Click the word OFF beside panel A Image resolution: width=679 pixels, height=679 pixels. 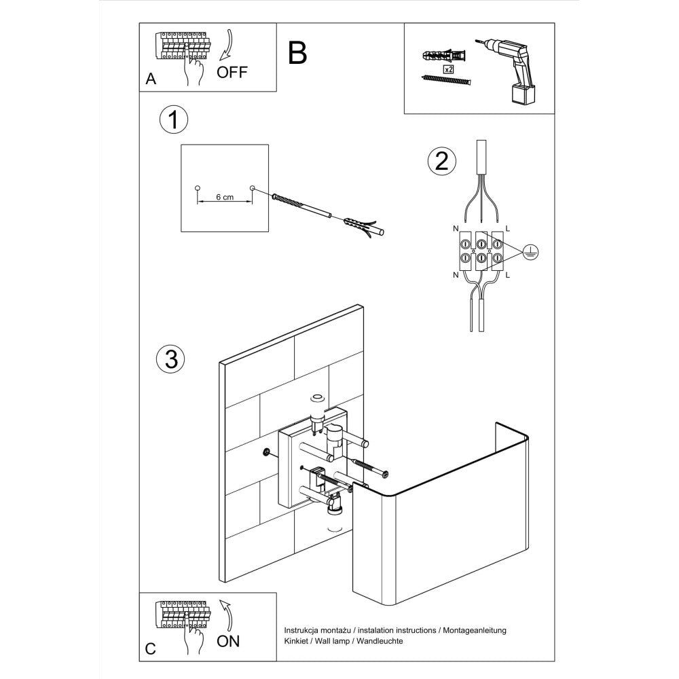tap(232, 72)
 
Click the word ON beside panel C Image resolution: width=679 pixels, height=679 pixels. tap(228, 640)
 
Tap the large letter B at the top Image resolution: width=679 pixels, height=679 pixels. tap(297, 52)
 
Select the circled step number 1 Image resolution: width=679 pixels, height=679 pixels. tap(173, 120)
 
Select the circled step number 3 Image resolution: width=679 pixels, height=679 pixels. tap(170, 359)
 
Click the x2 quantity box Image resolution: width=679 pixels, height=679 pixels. tap(448, 69)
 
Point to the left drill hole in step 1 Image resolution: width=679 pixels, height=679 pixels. tap(197, 187)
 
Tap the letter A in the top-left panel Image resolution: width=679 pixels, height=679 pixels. tap(151, 79)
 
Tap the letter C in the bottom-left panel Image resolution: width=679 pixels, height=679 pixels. tap(151, 649)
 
